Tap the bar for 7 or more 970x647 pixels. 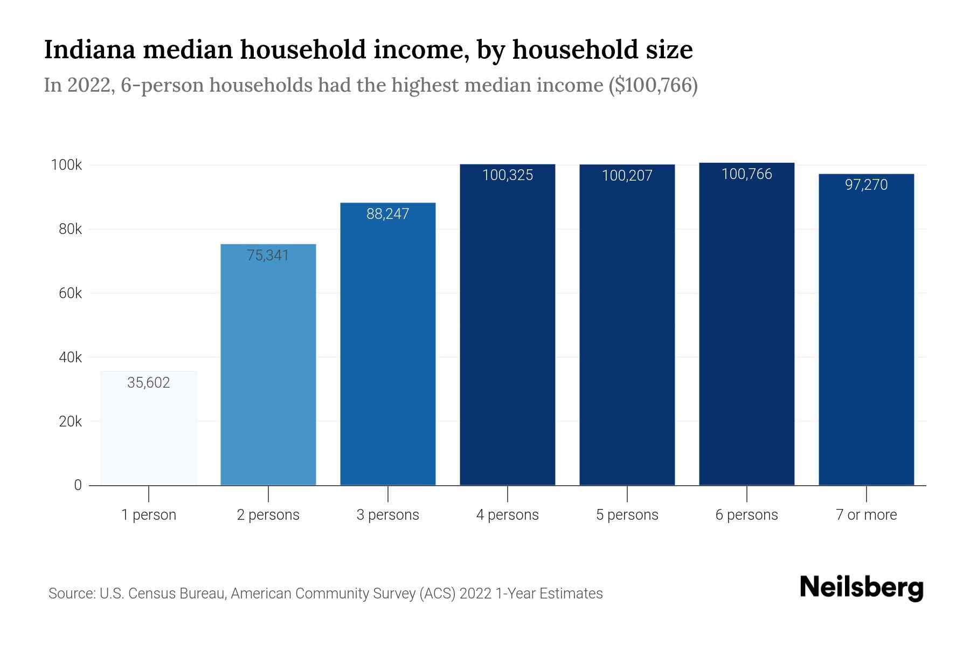866,334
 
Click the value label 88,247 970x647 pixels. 387,214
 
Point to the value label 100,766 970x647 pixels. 746,174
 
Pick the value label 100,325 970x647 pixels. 507,175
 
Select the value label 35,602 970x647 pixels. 149,383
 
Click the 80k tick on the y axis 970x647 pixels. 70,230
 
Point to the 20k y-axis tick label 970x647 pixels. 70,422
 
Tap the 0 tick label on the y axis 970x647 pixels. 78,485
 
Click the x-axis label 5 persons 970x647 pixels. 627,515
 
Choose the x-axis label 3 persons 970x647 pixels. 387,515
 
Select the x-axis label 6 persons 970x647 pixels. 746,515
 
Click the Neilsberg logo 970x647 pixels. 861,588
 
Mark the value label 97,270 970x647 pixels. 866,185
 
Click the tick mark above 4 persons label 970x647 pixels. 508,494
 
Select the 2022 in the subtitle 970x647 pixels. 88,85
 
